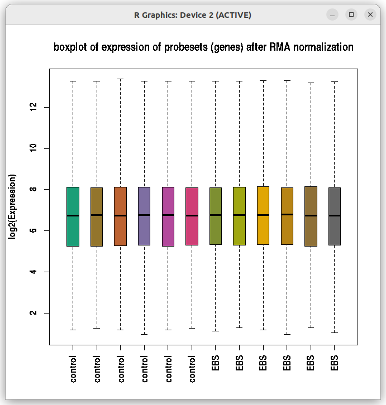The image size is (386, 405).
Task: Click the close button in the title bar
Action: coord(370,15)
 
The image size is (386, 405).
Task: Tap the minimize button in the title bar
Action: coord(332,15)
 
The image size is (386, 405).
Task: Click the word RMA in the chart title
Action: coord(279,47)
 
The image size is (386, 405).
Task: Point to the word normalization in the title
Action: coord(323,47)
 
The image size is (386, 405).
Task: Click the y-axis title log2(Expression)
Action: coord(12,207)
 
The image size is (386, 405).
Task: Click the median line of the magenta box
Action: coord(168,215)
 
